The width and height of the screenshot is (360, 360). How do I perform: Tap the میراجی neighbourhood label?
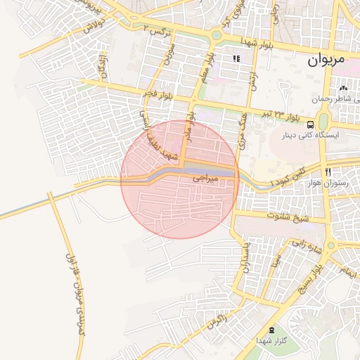click(206, 180)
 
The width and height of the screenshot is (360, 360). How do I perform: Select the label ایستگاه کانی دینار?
click(311, 135)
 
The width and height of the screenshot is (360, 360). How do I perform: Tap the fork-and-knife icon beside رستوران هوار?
click(328, 172)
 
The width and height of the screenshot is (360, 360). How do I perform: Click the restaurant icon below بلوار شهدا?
click(236, 58)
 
